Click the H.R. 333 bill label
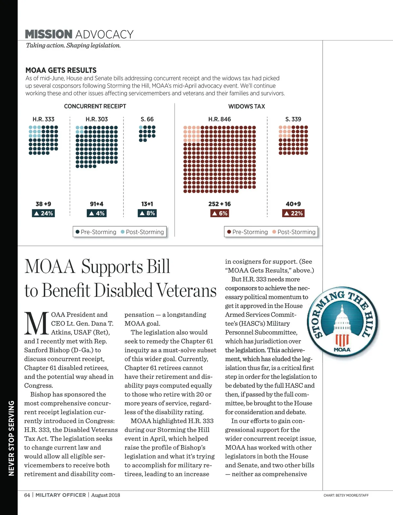point(43,119)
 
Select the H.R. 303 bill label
point(97,119)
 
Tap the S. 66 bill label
point(147,119)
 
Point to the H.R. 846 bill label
point(219,119)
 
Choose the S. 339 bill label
point(293,119)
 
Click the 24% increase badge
point(44,213)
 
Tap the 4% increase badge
point(97,213)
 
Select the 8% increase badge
point(147,213)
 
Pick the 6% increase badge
point(219,213)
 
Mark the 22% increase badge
point(293,213)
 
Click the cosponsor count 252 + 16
point(219,204)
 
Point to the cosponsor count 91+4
point(97,204)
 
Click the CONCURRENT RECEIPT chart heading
point(95,106)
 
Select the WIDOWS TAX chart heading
point(247,106)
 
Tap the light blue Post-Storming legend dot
point(123,232)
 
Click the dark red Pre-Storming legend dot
point(229,232)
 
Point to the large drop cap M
point(36,324)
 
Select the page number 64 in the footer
point(27,495)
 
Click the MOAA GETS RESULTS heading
point(61,70)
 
